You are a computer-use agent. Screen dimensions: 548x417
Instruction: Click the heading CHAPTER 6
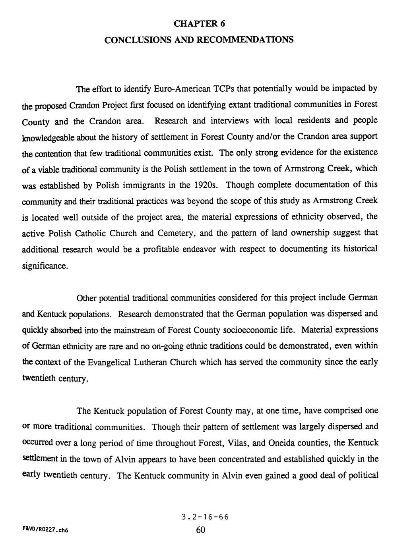pos(200,24)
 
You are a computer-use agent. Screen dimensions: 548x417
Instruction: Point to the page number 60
pos(200,530)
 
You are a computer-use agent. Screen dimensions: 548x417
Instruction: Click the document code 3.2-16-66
pos(205,517)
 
